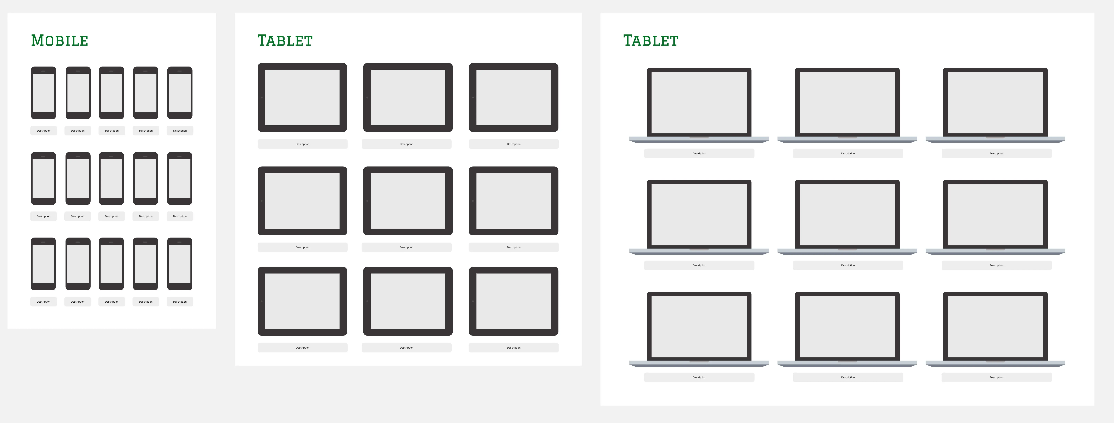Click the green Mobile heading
point(60,41)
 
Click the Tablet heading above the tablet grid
point(285,41)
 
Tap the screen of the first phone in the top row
point(43,93)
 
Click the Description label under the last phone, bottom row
point(180,302)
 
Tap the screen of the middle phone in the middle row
point(112,178)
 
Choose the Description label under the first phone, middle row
point(43,216)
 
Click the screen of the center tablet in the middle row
point(408,201)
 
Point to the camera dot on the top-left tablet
point(262,98)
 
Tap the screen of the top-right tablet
point(513,98)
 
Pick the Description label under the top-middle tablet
point(406,144)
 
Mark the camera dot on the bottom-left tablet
point(262,301)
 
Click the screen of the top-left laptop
point(699,102)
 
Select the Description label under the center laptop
point(848,265)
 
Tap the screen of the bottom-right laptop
point(995,327)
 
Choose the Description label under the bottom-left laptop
point(699,377)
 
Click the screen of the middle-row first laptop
point(699,214)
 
